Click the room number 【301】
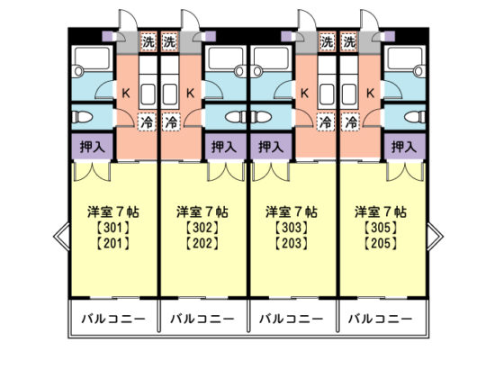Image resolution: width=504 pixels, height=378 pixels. (x=113, y=228)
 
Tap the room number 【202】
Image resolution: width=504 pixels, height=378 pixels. (x=202, y=243)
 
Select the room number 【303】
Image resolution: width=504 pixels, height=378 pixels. (x=292, y=228)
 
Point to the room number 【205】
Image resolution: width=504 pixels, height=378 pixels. (x=381, y=243)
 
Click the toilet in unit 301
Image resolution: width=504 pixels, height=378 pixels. (x=82, y=117)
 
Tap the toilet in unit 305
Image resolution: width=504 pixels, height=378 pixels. (x=415, y=117)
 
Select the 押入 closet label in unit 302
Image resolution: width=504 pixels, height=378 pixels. (x=224, y=147)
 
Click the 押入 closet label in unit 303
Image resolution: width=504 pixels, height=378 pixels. (x=271, y=147)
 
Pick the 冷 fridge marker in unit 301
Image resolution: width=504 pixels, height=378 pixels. (x=147, y=122)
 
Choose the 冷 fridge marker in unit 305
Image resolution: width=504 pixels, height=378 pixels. (x=350, y=122)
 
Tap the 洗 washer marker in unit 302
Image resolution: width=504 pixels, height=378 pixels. (x=169, y=41)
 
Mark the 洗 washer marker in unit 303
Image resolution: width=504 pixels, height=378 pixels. (x=328, y=41)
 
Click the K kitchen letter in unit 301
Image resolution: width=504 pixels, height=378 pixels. (x=126, y=94)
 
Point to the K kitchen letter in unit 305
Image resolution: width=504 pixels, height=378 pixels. (x=370, y=94)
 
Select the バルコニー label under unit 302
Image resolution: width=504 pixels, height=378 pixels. (x=202, y=319)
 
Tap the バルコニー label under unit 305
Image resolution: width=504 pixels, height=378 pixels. (x=381, y=319)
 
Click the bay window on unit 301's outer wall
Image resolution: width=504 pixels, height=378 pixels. (x=61, y=236)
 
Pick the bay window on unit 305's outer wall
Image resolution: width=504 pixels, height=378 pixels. (x=435, y=236)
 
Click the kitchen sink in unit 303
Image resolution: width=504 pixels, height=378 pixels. (x=327, y=94)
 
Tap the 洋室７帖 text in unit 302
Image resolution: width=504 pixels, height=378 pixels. (x=202, y=212)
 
